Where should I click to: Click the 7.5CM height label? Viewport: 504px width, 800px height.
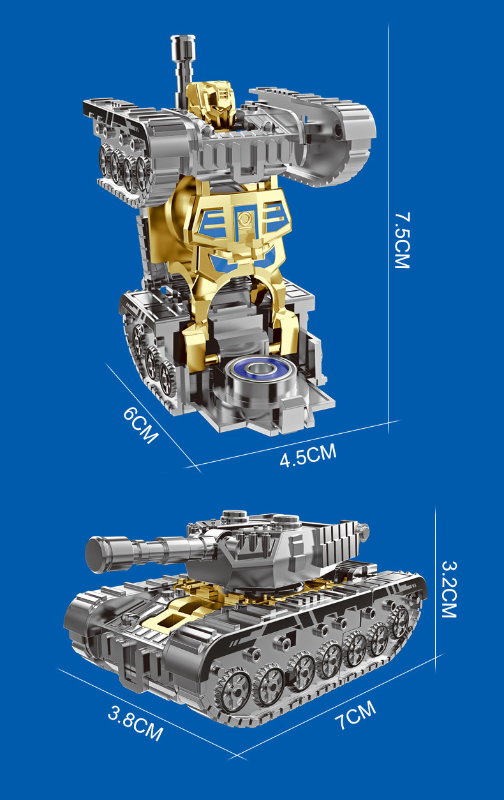point(402,241)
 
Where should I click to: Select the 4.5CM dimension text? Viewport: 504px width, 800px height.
point(308,455)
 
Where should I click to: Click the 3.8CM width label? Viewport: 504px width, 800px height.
point(135,723)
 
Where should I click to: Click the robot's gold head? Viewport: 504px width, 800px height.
point(211,103)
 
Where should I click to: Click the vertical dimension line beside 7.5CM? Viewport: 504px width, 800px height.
point(389,228)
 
